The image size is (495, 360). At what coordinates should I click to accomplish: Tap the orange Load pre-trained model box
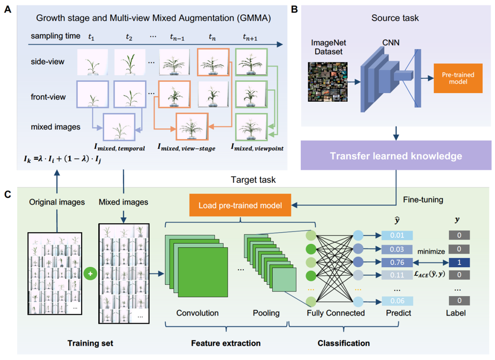pos(240,205)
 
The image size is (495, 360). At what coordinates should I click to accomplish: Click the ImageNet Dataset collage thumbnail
pos(327,82)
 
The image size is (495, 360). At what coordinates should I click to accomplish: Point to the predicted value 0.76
pos(397,262)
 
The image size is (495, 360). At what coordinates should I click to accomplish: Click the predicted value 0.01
pos(397,235)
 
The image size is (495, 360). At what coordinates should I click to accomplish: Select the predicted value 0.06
pos(397,301)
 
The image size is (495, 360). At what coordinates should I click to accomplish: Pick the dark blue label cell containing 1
pos(458,262)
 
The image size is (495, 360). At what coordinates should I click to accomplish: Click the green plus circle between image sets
pos(90,274)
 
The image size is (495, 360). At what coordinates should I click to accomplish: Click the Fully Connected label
pos(335,313)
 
